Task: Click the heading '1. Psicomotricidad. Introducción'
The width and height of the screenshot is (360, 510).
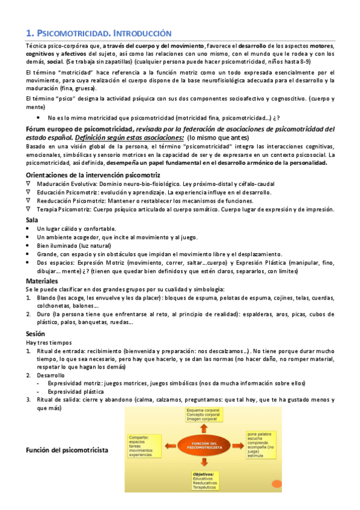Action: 99,34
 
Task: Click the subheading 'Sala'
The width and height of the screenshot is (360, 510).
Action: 32,220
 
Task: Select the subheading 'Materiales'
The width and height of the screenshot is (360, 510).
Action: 42,281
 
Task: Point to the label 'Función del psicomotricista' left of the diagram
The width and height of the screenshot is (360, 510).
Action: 67,450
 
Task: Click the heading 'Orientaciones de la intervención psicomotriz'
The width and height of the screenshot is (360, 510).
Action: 89,174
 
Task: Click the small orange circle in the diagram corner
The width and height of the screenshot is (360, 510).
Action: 276,484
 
